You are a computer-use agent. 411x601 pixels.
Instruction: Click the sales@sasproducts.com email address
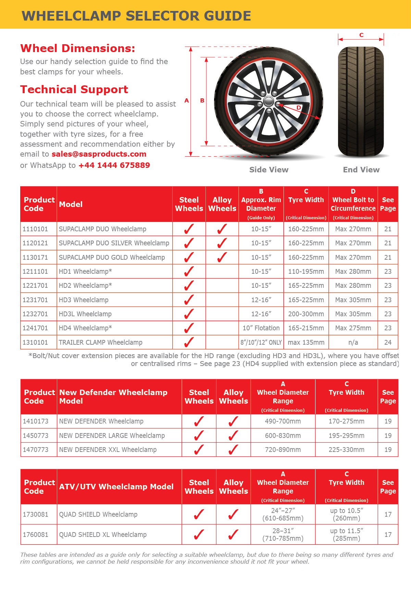(x=99, y=154)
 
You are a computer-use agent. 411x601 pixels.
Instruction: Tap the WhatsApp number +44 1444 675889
(x=114, y=165)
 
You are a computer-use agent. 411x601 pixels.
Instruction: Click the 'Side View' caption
(x=269, y=170)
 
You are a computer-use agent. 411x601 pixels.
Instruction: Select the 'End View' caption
(x=361, y=170)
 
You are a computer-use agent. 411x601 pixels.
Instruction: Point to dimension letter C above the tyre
(x=361, y=35)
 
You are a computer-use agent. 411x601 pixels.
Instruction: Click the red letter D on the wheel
(x=299, y=108)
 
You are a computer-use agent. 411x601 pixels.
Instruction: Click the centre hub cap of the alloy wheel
(x=269, y=101)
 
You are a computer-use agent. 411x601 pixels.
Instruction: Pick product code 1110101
(x=35, y=229)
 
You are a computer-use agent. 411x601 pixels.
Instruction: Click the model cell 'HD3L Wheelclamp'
(x=85, y=314)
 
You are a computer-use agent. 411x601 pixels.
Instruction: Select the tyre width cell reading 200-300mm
(x=306, y=314)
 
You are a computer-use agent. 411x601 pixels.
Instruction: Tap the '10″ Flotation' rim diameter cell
(x=261, y=328)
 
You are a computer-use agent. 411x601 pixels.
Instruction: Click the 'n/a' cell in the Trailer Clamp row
(x=353, y=342)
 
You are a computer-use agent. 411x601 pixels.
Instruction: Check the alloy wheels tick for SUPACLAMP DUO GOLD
(x=222, y=257)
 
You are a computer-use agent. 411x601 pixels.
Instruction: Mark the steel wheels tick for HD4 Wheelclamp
(x=189, y=328)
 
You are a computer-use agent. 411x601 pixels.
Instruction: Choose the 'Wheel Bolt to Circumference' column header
(x=353, y=204)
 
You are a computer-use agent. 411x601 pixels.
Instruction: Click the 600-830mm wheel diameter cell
(x=283, y=436)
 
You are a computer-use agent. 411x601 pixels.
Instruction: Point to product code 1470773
(x=36, y=450)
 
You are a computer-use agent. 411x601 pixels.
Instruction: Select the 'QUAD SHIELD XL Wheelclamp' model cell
(x=103, y=535)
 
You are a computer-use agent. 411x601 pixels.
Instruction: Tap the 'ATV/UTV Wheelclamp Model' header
(x=116, y=487)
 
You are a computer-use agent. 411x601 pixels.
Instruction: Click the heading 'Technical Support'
(x=74, y=89)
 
